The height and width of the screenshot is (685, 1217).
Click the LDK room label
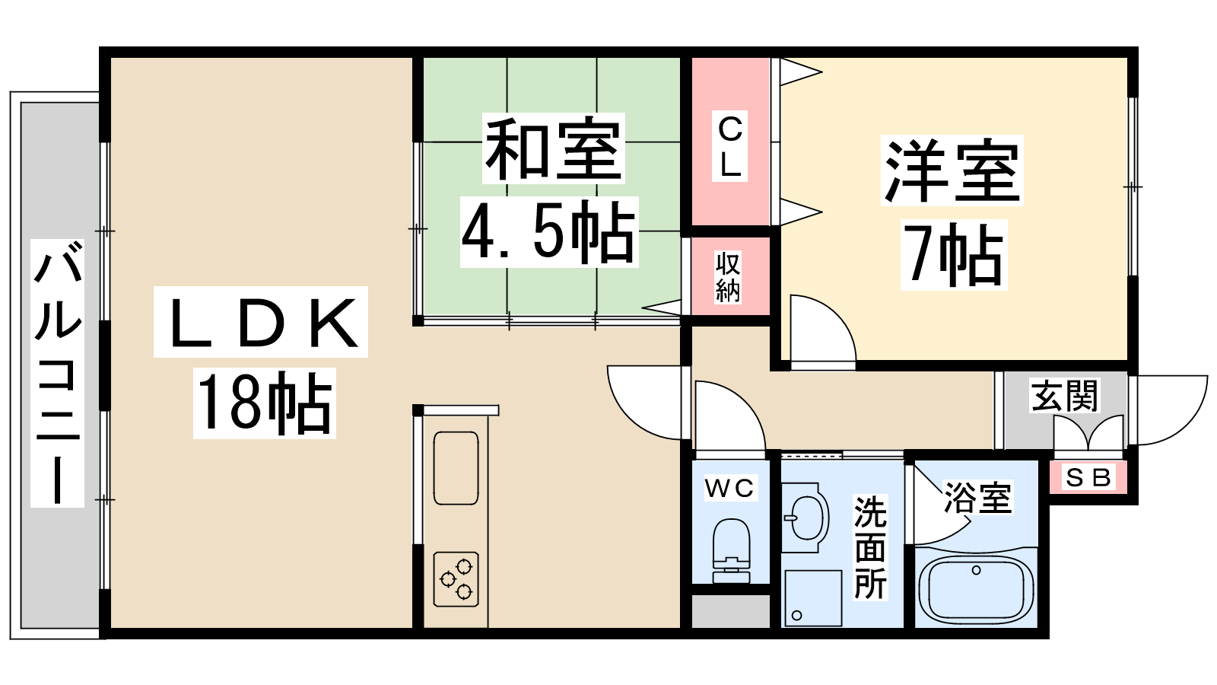point(261,323)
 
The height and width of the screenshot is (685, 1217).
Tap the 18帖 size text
point(264,403)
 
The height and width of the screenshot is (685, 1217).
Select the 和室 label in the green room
point(553,148)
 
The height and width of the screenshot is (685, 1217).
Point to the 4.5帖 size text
point(548,232)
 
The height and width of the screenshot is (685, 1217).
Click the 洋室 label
point(952,170)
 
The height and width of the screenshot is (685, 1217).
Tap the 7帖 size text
point(954,255)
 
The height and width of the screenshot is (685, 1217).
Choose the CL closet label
point(730,147)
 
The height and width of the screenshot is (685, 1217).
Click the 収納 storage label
point(728,277)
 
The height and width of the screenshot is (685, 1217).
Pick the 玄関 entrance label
point(1065,396)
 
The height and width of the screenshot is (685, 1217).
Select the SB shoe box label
point(1088,478)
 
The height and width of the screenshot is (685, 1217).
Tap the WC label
point(729,488)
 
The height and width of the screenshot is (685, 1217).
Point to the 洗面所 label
point(871,548)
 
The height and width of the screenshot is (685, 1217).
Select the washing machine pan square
point(812,597)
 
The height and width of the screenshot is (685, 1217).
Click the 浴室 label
point(977,498)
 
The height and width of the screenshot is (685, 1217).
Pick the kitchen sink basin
point(456,468)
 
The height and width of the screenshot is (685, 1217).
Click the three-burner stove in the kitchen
point(456,578)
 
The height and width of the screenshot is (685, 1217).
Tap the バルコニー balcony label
point(58,373)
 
